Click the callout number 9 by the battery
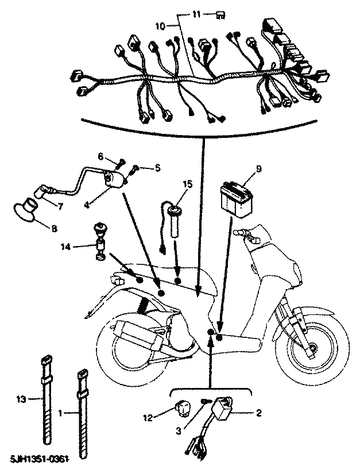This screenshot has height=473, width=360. (x=259, y=169)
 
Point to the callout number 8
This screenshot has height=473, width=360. (x=54, y=228)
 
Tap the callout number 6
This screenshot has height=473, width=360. (x=100, y=156)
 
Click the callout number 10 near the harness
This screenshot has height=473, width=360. (x=160, y=26)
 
